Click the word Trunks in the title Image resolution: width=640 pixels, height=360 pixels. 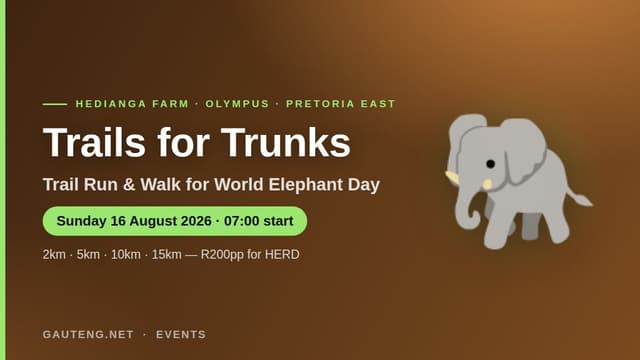click(x=286, y=142)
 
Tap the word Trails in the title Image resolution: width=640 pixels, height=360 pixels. click(x=94, y=142)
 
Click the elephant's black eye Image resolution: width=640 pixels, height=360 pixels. click(x=491, y=164)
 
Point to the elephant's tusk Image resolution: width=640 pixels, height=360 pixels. click(x=452, y=177)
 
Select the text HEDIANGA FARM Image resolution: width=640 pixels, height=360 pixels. click(x=132, y=104)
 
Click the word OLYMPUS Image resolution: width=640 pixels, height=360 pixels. click(x=237, y=104)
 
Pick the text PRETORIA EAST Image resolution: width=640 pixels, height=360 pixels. click(x=341, y=104)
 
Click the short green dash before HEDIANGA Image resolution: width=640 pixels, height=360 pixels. click(x=55, y=104)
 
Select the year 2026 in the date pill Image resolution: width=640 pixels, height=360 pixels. click(x=196, y=221)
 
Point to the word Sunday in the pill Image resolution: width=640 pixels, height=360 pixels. click(x=82, y=221)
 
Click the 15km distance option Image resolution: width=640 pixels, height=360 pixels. click(x=167, y=254)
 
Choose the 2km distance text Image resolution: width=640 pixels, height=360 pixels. click(x=54, y=254)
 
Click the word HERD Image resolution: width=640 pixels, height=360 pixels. click(x=282, y=254)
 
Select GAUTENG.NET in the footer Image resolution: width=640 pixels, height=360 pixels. click(x=88, y=334)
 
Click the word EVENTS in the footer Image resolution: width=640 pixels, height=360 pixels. click(x=181, y=334)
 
